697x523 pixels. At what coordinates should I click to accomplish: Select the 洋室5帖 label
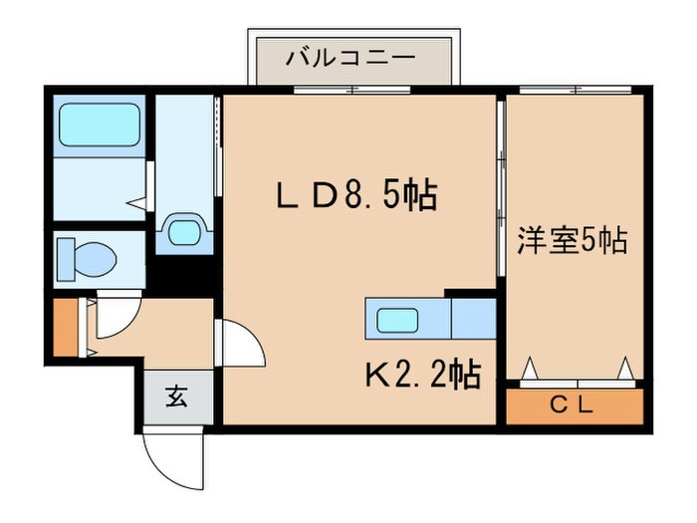[572, 240]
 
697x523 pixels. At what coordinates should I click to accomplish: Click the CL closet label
[573, 405]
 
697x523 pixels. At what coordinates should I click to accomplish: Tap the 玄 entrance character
[175, 397]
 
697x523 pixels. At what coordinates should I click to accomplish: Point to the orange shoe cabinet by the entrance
[65, 326]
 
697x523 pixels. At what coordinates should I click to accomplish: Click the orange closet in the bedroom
[573, 406]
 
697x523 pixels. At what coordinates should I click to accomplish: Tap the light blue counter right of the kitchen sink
[474, 320]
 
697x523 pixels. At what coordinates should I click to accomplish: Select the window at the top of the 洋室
[573, 92]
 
